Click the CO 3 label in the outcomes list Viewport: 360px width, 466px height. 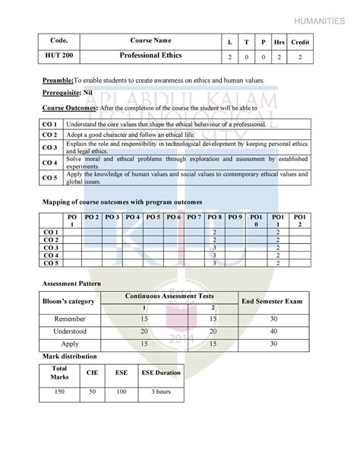(x=50, y=147)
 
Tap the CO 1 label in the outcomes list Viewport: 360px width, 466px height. (x=50, y=122)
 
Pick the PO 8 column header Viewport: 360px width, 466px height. (x=215, y=217)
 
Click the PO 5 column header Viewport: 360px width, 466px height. (x=153, y=217)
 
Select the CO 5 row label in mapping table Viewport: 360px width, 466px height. (x=52, y=262)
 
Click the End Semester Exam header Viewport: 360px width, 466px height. (x=272, y=302)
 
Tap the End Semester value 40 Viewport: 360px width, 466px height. (x=273, y=331)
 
